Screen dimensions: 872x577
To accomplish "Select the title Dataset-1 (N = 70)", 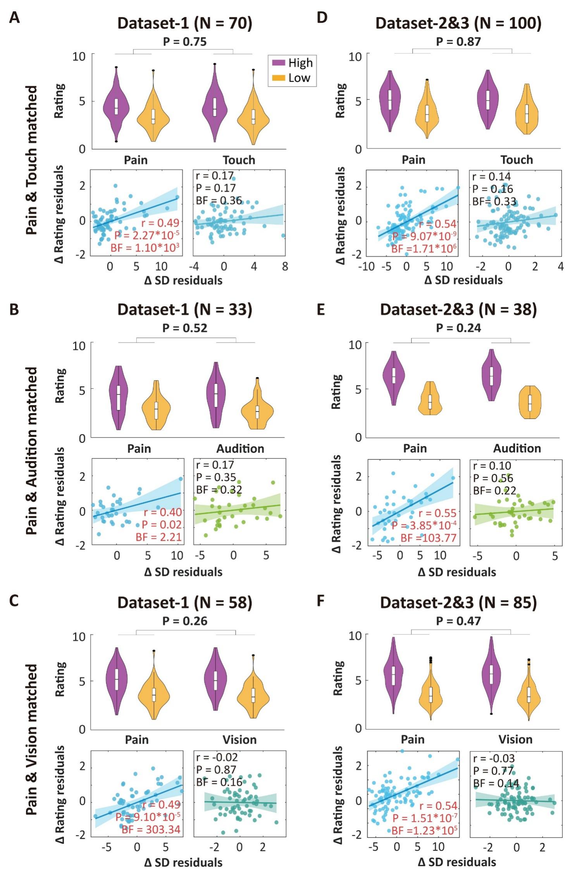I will pyautogui.click(x=185, y=23).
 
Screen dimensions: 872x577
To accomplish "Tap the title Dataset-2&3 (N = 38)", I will pyautogui.click(x=458, y=310).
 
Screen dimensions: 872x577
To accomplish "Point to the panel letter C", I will pyautogui.click(x=14, y=601).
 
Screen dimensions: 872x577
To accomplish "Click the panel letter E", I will pyautogui.click(x=320, y=310).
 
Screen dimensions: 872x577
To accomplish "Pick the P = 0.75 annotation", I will pyautogui.click(x=185, y=41).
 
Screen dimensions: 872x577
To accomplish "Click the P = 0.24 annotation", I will pyautogui.click(x=458, y=328).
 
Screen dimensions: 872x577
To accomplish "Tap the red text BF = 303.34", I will pyautogui.click(x=151, y=829).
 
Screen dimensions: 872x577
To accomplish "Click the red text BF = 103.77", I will pyautogui.click(x=428, y=538).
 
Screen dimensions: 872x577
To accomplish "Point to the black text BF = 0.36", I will pyautogui.click(x=219, y=200).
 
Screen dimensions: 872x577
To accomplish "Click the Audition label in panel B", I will pyautogui.click(x=240, y=448).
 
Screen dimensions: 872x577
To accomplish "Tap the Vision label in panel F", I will pyautogui.click(x=515, y=739).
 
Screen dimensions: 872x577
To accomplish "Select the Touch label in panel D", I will pyautogui.click(x=517, y=160).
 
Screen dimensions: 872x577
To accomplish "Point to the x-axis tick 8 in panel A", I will pyautogui.click(x=285, y=267).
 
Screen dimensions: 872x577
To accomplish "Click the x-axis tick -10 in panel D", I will pyautogui.click(x=366, y=267).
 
